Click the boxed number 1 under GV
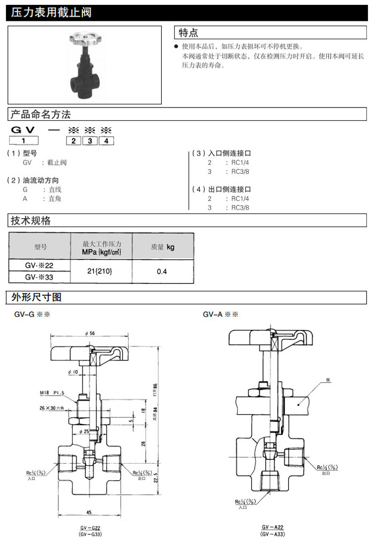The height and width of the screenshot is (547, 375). click(24, 141)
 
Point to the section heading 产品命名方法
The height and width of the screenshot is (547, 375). click(41, 114)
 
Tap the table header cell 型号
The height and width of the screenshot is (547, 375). click(40, 246)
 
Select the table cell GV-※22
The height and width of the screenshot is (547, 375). click(40, 265)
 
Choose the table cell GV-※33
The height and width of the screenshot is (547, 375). click(40, 277)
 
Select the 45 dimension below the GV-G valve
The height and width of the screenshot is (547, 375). click(88, 512)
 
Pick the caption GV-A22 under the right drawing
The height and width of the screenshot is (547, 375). click(273, 527)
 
